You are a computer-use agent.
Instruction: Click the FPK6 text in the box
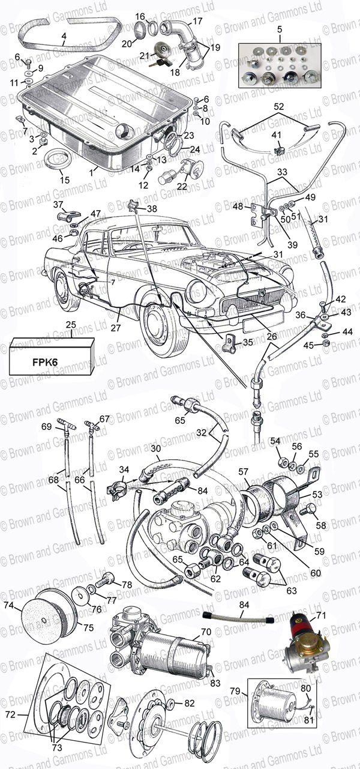45,362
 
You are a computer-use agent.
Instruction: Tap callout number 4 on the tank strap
64,35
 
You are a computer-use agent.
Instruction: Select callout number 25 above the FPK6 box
71,325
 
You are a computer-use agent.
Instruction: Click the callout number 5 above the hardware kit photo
280,29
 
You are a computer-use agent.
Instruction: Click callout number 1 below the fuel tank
91,173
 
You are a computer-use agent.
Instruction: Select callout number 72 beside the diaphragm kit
11,714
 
